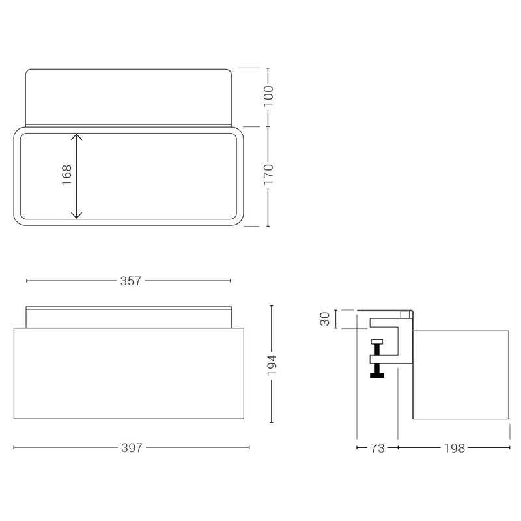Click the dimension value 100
pos(268,96)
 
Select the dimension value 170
pos(268,174)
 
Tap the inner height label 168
pos(67,175)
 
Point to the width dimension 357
pos(131,281)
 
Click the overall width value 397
pos(132,448)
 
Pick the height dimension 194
pos(272,365)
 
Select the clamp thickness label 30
pos(324,318)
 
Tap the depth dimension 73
pos(378,448)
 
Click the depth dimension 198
pos(455,448)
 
